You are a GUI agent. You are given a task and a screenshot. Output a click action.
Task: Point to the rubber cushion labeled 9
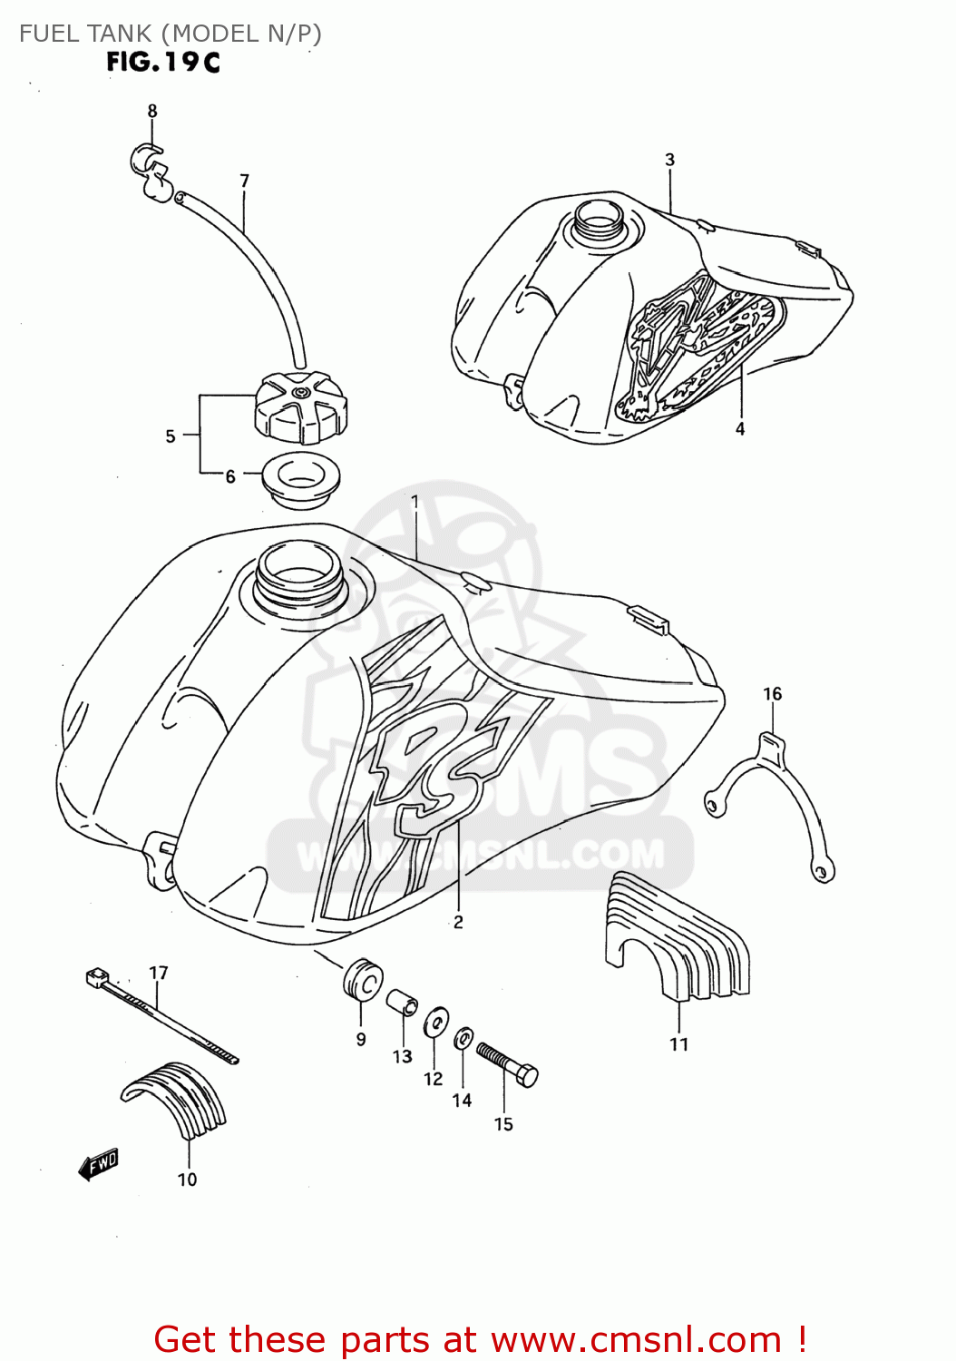362,979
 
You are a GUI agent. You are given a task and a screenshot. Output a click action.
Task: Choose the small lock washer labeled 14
463,1037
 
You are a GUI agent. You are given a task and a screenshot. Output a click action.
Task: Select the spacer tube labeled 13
403,1004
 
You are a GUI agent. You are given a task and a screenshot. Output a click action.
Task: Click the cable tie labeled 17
161,1015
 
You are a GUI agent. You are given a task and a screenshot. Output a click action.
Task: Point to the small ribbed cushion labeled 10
177,1099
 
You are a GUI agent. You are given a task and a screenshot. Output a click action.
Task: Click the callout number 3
670,160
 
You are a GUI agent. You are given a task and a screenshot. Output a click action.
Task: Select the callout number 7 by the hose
244,181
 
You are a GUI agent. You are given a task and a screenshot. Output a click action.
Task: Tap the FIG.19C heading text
163,62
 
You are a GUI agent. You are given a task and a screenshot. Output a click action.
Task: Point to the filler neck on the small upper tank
596,218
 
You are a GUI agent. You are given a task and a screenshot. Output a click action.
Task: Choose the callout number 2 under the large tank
458,922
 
